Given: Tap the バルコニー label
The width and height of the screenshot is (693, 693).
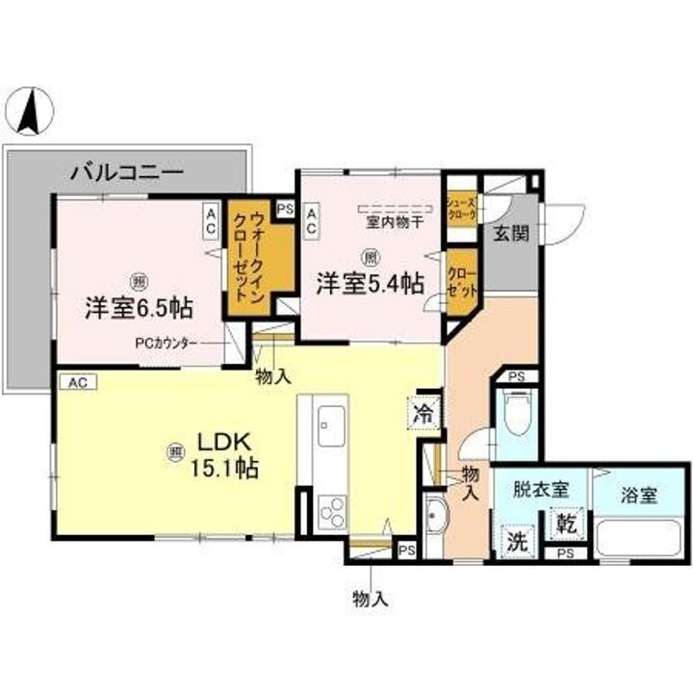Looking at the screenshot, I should pyautogui.click(x=126, y=173).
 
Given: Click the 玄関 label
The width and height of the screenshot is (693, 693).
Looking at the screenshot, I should pyautogui.click(x=510, y=234).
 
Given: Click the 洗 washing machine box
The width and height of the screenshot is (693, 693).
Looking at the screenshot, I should pyautogui.click(x=518, y=541).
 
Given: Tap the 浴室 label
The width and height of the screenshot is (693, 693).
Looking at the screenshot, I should pyautogui.click(x=639, y=496).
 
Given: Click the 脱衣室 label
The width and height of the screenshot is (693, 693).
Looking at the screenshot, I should pyautogui.click(x=539, y=489).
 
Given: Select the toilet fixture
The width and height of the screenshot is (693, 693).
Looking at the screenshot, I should pyautogui.click(x=517, y=413).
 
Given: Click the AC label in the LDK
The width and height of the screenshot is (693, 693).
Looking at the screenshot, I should pyautogui.click(x=78, y=382).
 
